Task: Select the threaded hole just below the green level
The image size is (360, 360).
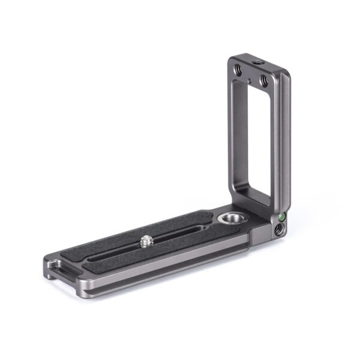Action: pyautogui.click(x=277, y=229)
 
